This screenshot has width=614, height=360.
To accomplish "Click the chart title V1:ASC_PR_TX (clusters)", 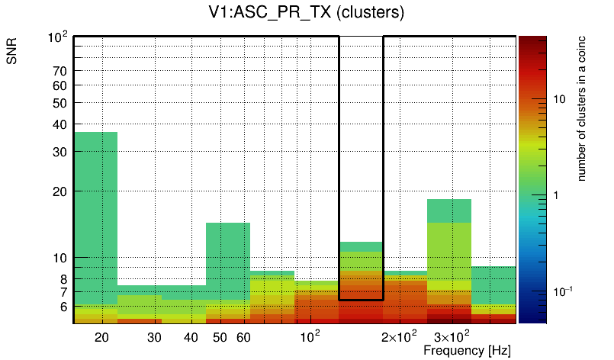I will point(306,13).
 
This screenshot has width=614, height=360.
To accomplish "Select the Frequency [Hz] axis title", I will point(466,350).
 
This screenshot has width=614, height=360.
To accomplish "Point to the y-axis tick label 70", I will point(59,71).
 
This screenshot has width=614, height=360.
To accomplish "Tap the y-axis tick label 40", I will point(59,124).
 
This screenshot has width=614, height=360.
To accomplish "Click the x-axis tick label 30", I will point(155,336).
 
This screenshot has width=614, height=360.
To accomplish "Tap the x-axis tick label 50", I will point(220,336).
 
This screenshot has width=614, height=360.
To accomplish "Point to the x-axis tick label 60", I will point(243,336).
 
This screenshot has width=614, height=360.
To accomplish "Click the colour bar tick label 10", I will point(559,99).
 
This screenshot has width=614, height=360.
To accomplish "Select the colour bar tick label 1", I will point(556,195).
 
